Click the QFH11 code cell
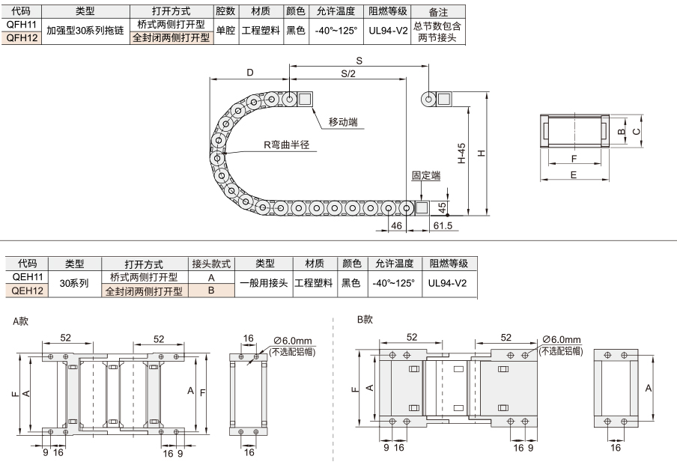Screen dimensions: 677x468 22,24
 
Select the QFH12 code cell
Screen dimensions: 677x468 22,37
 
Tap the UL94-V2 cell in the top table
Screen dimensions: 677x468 388,31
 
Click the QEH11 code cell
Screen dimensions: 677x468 27,277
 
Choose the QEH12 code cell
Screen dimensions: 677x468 27,291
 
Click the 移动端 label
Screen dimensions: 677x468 343,122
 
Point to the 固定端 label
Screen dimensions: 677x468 425,175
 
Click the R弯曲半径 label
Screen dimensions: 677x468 287,145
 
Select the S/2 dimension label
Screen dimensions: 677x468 348,74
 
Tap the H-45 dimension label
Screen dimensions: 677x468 461,154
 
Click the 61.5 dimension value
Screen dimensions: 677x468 443,225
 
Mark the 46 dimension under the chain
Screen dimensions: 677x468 396,225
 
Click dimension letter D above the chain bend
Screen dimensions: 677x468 250,73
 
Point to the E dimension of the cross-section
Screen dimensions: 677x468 574,175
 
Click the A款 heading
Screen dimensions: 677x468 20,321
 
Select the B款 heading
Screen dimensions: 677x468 365,320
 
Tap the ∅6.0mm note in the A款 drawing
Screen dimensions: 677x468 293,341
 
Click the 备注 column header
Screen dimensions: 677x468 438,12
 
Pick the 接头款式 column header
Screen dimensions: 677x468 211,264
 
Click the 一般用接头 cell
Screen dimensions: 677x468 264,283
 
